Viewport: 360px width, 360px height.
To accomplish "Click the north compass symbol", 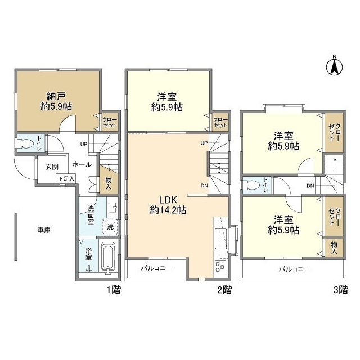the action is [335, 66].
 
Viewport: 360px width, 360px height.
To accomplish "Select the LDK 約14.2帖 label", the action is [168, 205].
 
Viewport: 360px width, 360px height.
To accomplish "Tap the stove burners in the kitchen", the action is [220, 266].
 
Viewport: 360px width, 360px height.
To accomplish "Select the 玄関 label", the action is [52, 167].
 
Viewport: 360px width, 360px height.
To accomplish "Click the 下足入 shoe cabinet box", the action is [66, 178].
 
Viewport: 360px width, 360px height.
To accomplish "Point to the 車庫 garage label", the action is [44, 230].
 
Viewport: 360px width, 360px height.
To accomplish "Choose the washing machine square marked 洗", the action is [110, 227].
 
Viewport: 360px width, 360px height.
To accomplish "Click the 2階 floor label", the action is [224, 290].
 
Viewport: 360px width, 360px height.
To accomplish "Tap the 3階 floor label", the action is [341, 290].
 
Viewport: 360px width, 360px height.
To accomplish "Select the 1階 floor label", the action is [114, 290].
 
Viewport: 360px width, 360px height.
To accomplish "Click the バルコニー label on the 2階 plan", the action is [156, 268].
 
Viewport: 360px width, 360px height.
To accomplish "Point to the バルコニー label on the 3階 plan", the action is [295, 269].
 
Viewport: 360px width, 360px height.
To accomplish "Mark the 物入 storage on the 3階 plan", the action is [334, 248].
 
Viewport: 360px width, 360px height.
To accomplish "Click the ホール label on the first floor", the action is [82, 164].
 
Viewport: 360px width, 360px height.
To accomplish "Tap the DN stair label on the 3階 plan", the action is [310, 186].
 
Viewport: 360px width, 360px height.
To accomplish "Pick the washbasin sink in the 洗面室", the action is [112, 208].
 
